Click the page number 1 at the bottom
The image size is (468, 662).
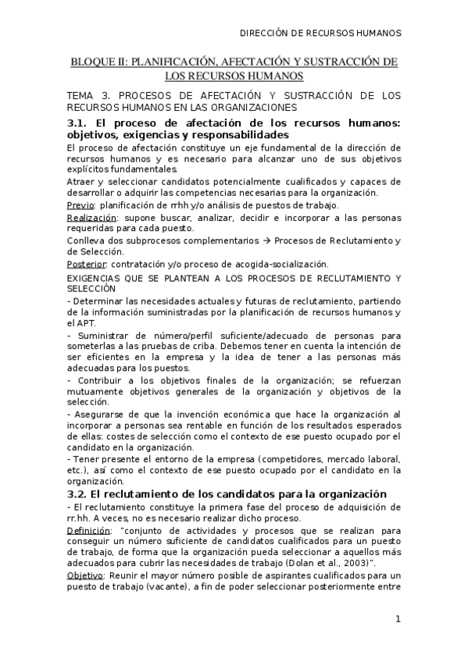[x=398, y=620]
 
